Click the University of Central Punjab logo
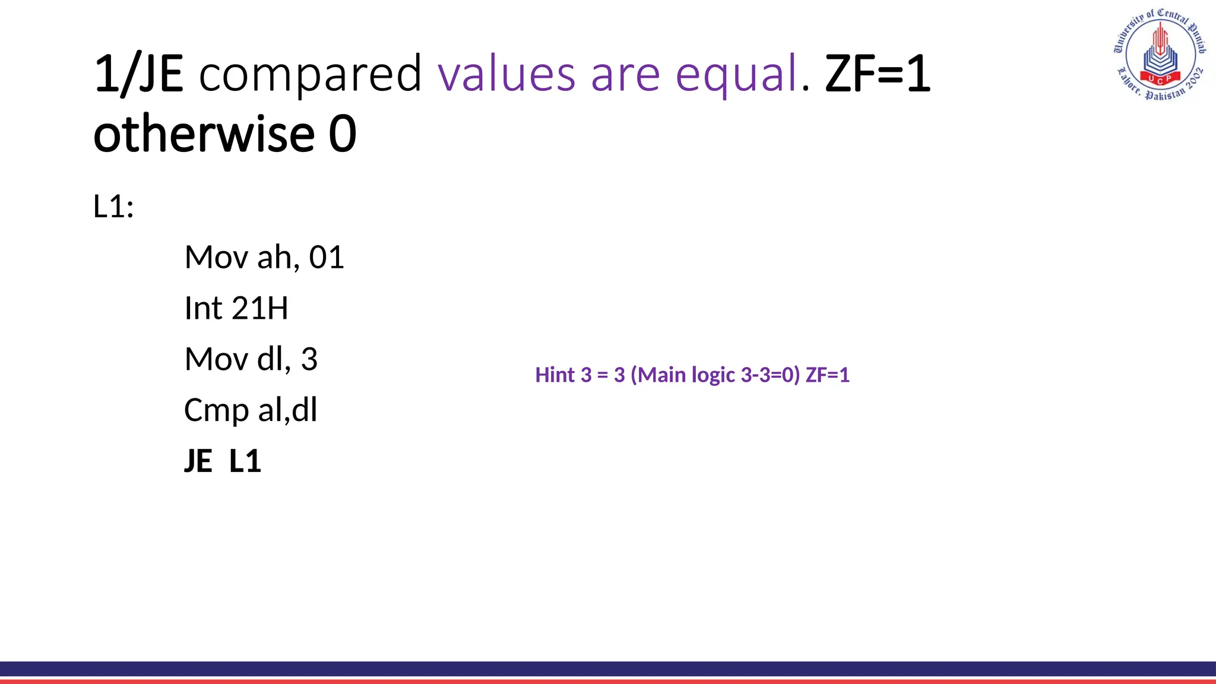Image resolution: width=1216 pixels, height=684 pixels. click(x=1160, y=55)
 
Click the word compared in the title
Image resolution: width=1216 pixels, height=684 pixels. click(x=310, y=74)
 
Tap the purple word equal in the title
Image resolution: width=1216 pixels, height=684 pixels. click(x=736, y=75)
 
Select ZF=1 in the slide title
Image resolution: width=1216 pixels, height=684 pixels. click(x=878, y=74)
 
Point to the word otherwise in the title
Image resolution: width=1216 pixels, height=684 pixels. click(x=204, y=134)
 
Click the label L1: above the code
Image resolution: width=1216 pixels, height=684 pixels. click(x=113, y=207)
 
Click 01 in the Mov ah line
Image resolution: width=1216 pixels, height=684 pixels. click(x=327, y=258)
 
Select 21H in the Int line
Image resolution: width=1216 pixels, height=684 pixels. click(x=259, y=309)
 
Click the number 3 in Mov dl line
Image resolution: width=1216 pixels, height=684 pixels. click(x=309, y=359)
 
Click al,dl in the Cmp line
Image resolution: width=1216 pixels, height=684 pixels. click(x=288, y=410)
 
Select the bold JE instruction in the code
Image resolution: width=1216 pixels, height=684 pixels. click(x=198, y=461)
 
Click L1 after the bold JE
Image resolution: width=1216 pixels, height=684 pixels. click(x=245, y=461)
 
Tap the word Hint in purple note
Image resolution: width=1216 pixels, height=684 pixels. click(x=555, y=375)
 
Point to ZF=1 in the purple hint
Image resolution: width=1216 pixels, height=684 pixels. click(x=827, y=375)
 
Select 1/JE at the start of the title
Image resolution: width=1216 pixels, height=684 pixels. click(x=138, y=74)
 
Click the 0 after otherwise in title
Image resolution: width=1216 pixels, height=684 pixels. click(x=343, y=134)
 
